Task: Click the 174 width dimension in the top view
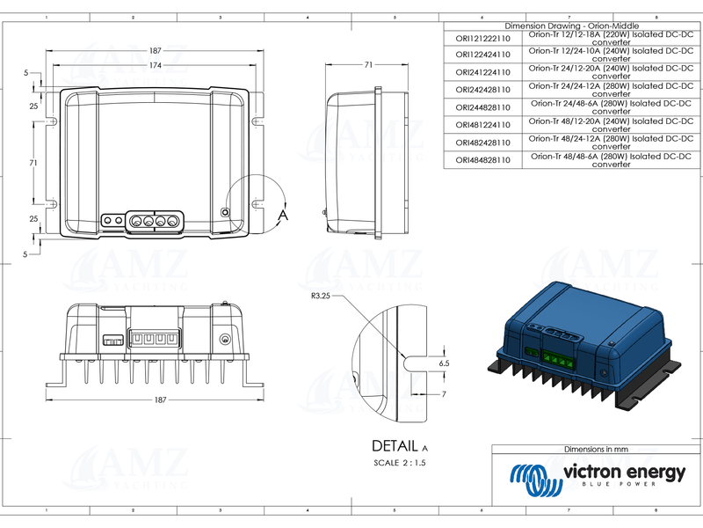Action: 155,66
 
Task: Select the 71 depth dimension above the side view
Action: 368,64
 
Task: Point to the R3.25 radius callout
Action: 322,297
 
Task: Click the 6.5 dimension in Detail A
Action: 444,363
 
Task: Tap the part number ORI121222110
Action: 482,39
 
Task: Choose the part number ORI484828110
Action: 482,160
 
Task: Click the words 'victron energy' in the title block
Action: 623,473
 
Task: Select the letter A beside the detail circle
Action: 283,214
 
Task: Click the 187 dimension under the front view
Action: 160,400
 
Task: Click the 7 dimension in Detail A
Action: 445,393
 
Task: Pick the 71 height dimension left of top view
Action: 33,163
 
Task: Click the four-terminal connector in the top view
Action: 156,219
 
